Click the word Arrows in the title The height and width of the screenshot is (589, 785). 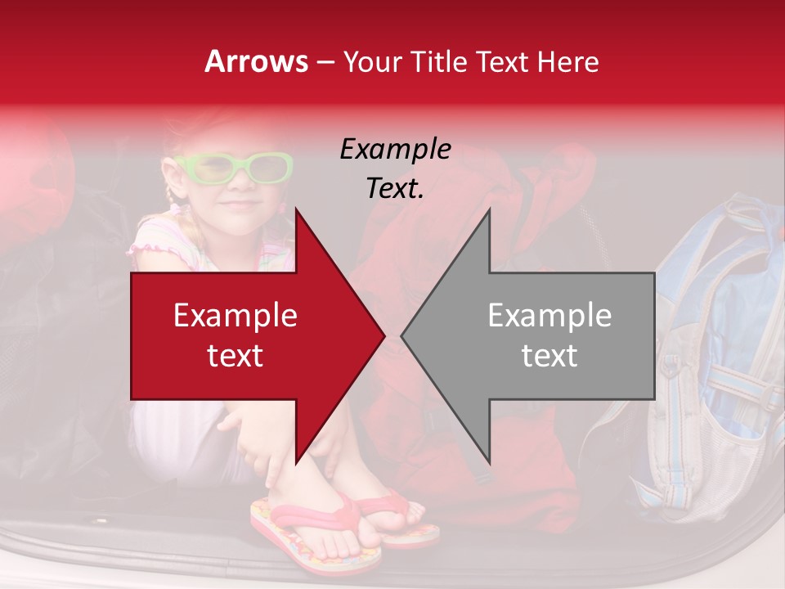click(x=255, y=61)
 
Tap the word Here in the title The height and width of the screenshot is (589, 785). click(x=568, y=61)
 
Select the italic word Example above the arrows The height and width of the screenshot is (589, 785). click(x=395, y=150)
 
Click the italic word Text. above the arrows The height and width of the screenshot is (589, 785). click(x=395, y=188)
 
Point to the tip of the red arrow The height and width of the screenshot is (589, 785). click(x=383, y=335)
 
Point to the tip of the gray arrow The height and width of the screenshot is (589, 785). click(x=403, y=335)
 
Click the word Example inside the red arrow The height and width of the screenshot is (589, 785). click(x=235, y=316)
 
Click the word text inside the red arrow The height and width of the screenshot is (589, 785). click(x=235, y=355)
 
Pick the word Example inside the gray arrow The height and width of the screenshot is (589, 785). click(x=549, y=316)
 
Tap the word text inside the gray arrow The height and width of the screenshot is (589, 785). click(x=549, y=355)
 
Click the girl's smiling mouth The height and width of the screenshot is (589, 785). click(x=240, y=203)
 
